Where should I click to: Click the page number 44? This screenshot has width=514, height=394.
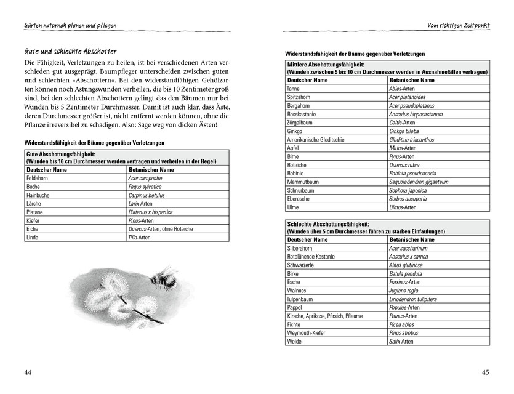coord(28,372)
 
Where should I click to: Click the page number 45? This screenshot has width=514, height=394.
coord(485,372)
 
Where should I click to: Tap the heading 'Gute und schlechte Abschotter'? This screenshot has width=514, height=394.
coord(71,51)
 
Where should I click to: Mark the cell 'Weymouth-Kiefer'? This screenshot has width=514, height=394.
coord(306,333)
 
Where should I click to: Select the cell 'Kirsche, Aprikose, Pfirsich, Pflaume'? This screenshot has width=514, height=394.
coord(325,316)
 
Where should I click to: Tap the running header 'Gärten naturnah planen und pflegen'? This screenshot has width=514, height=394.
coord(70,25)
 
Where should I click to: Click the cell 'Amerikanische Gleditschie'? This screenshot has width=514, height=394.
coord(316,140)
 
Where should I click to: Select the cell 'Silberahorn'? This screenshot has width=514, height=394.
coord(300,248)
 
